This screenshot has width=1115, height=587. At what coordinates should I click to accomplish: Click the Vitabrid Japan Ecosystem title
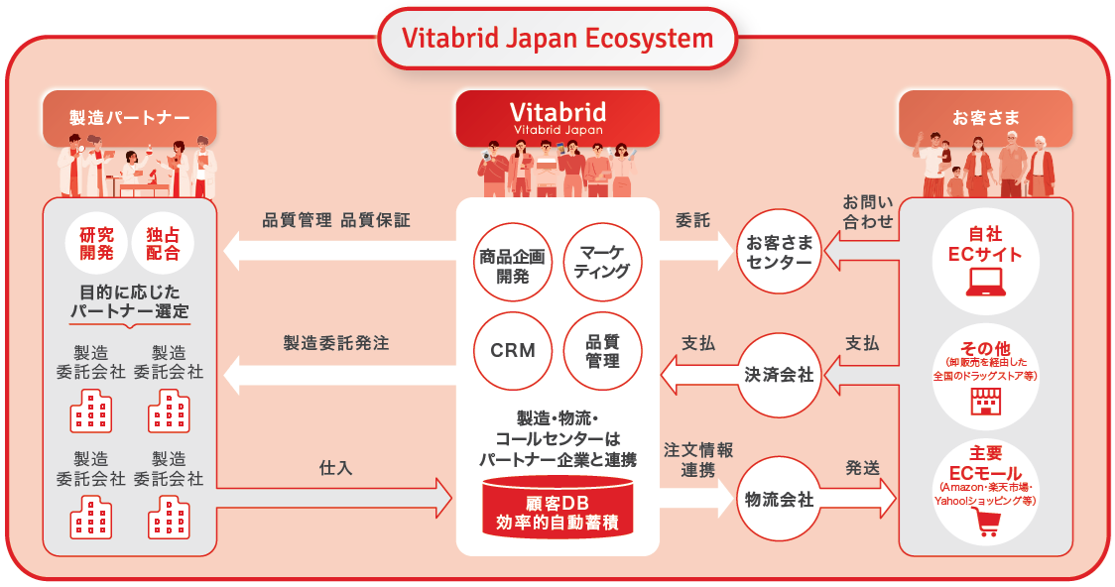coord(557,39)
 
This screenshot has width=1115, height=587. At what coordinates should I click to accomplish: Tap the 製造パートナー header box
coord(129,117)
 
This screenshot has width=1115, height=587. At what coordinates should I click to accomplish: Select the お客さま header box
coord(985,117)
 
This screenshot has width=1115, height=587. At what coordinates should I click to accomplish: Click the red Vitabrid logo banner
coord(557,116)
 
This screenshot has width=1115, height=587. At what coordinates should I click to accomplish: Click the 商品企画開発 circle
coord(512,264)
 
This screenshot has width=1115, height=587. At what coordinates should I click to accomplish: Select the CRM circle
coord(512,350)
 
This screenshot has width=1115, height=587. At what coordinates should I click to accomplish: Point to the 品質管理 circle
coord(602,350)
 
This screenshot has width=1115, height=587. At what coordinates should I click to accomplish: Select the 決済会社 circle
coord(779,375)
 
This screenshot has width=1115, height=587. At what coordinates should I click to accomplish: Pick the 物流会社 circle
coord(779,499)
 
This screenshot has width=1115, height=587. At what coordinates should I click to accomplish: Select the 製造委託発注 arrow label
coord(335,343)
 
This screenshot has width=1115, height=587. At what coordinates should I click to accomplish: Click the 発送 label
coord(862,467)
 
